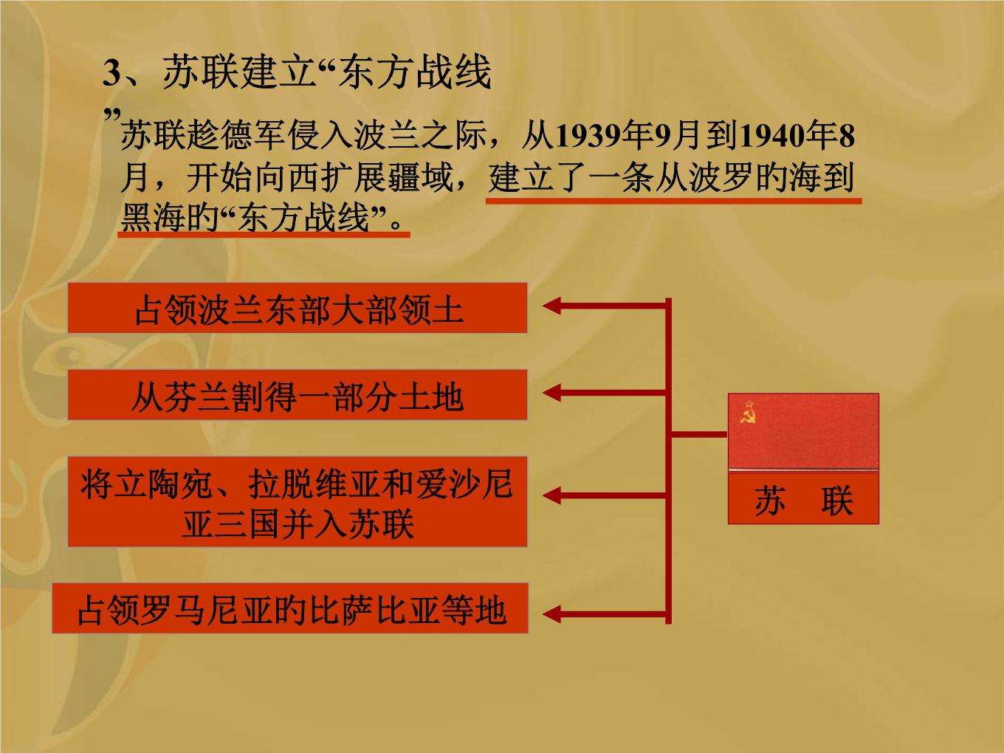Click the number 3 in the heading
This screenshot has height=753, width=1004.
click(x=111, y=73)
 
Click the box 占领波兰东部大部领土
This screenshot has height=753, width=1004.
click(x=298, y=308)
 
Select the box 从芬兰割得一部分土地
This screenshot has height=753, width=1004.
click(x=298, y=395)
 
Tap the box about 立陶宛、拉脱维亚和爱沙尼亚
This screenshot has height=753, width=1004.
click(x=298, y=501)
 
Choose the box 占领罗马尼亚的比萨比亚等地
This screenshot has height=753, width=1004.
click(x=290, y=608)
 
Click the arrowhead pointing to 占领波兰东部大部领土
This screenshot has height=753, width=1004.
click(x=551, y=306)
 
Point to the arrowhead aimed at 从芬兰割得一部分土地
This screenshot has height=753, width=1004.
click(x=551, y=393)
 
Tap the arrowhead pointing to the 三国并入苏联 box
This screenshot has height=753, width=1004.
click(x=551, y=495)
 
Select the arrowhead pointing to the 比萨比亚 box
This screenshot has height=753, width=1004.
click(x=551, y=614)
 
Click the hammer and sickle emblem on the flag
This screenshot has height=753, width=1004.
click(x=747, y=413)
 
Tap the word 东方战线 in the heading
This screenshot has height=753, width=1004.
click(x=416, y=72)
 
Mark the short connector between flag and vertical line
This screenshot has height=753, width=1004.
click(x=699, y=434)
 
